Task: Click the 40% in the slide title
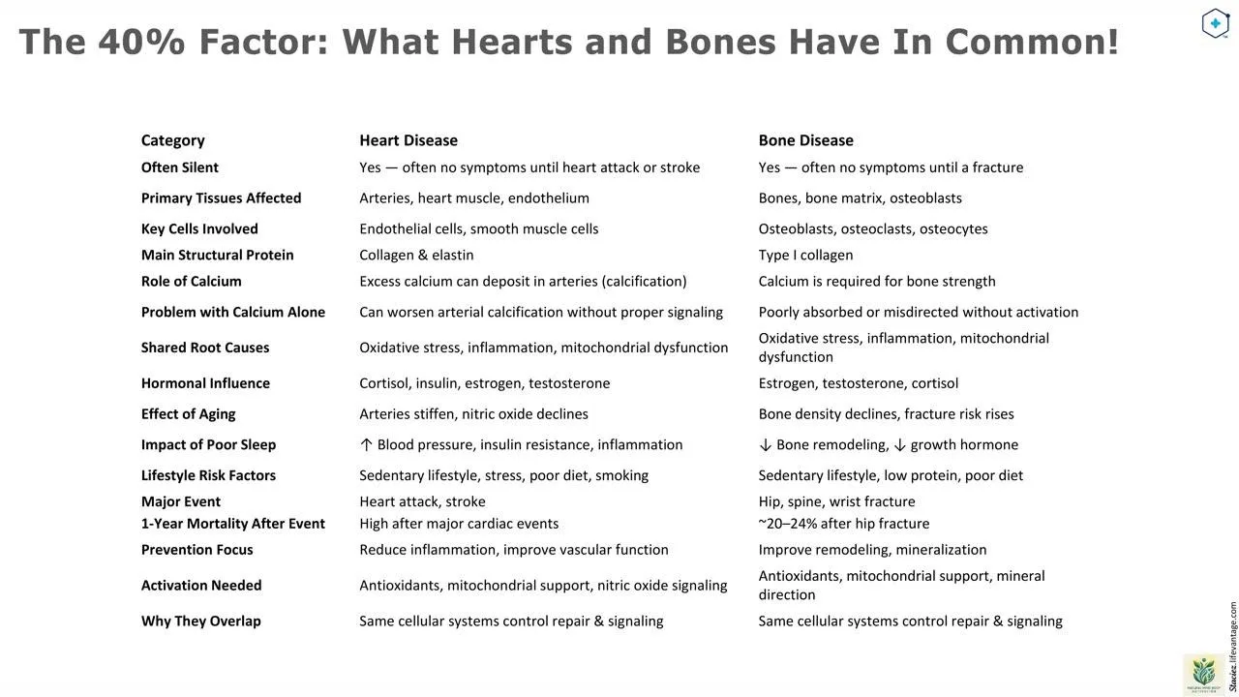(x=141, y=43)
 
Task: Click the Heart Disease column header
(x=408, y=140)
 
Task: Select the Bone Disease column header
(x=805, y=140)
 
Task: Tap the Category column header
(x=172, y=140)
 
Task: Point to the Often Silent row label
(x=179, y=167)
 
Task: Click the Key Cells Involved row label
(x=199, y=229)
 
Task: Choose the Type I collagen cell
(x=805, y=256)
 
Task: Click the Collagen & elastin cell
(x=416, y=256)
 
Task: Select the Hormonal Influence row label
(x=205, y=383)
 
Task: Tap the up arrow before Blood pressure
(x=366, y=445)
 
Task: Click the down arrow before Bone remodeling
(x=765, y=445)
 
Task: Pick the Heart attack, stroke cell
(x=422, y=501)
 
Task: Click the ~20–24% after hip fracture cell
(x=843, y=524)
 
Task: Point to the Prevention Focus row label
(x=196, y=550)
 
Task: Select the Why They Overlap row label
(x=200, y=621)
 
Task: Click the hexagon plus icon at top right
(x=1215, y=23)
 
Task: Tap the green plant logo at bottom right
(x=1203, y=673)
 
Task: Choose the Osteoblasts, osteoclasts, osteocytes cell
(x=872, y=229)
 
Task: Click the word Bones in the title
(x=720, y=43)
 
